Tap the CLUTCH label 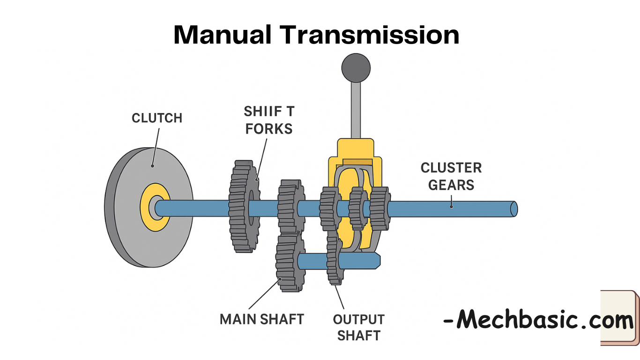tap(157, 118)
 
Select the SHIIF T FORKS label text tap(268, 120)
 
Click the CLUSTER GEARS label tap(451, 176)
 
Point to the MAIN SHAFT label tap(262, 319)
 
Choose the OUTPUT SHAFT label tap(358, 327)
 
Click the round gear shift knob tap(356, 67)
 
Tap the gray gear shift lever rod tap(356, 110)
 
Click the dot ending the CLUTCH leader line tap(152, 165)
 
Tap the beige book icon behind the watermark tap(619, 318)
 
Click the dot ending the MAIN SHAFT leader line tap(280, 279)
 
